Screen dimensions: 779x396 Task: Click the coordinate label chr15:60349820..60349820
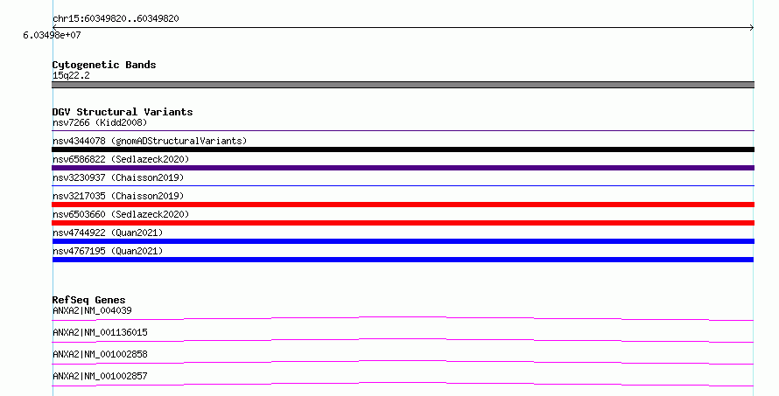click(116, 18)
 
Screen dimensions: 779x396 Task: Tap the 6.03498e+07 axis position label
click(52, 35)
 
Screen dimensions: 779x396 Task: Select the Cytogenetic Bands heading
click(104, 65)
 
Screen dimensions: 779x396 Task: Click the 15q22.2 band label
click(71, 75)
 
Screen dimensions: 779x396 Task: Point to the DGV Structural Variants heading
click(123, 112)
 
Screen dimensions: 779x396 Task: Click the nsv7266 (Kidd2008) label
click(100, 122)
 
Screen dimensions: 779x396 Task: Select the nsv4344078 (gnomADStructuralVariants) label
click(150, 141)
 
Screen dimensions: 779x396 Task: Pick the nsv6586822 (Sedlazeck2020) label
click(121, 159)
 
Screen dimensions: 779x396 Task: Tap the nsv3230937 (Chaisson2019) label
click(118, 177)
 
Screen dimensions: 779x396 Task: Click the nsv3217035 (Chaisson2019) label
click(118, 196)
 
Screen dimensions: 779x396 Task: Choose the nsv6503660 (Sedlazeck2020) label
click(121, 214)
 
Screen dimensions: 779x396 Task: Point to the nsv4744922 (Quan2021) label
click(108, 233)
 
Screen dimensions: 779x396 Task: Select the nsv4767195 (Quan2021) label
click(108, 251)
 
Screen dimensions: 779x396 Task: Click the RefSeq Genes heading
click(88, 300)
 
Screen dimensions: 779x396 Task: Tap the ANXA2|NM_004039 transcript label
click(92, 310)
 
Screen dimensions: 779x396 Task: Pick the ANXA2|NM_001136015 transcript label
click(100, 332)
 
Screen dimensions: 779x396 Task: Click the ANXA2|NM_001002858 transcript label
click(100, 354)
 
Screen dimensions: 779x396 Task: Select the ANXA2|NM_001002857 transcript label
click(100, 376)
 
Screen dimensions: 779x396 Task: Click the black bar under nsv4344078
click(403, 149)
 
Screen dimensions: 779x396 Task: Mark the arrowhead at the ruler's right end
click(752, 28)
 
